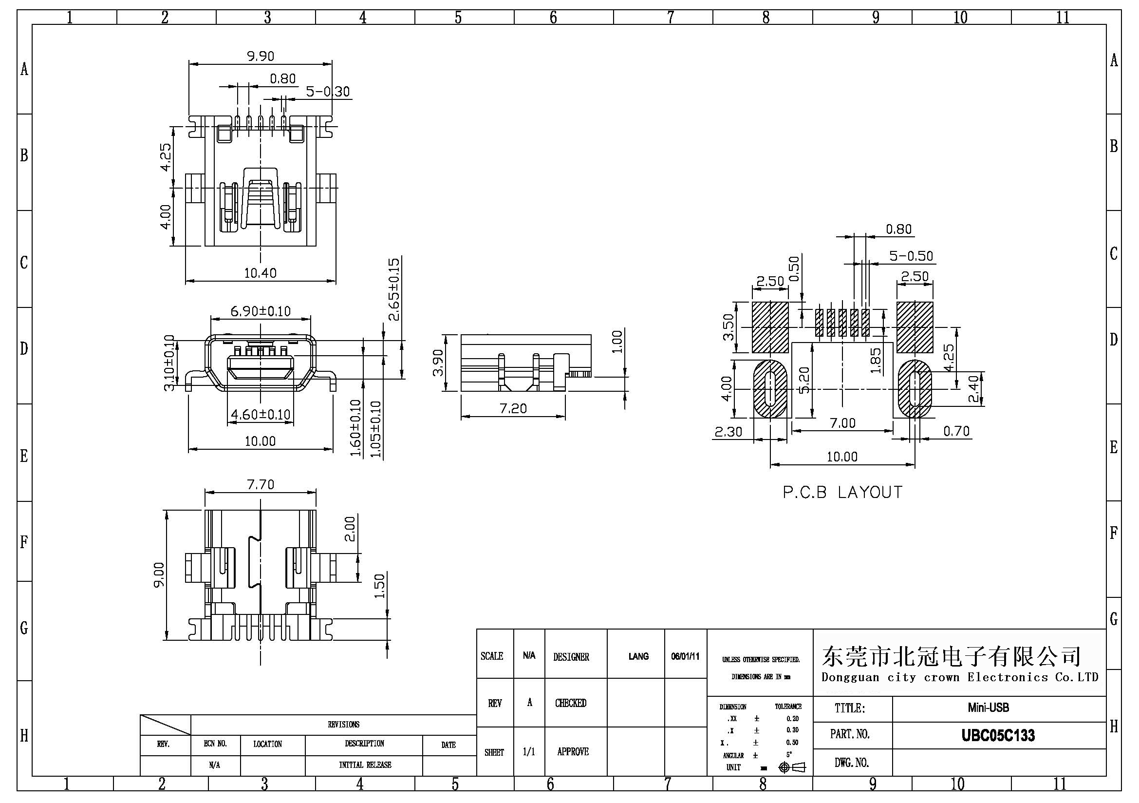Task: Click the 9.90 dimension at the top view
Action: tap(261, 56)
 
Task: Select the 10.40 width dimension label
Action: tap(261, 273)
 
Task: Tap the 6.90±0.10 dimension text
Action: tap(261, 311)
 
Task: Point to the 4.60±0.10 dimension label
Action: tap(261, 414)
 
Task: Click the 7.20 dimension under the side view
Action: tap(513, 408)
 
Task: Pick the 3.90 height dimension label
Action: tap(438, 363)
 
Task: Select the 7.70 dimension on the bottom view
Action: tap(261, 484)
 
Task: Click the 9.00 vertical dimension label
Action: tap(159, 574)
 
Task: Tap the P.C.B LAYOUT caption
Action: tap(842, 492)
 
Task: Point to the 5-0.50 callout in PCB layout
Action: tap(911, 256)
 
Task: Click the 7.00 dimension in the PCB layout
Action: tap(843, 423)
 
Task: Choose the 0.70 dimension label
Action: tap(956, 431)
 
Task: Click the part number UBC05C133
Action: tap(998, 735)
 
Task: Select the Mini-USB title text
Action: tap(988, 707)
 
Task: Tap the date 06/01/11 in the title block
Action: tap(685, 656)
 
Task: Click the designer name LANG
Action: tap(638, 656)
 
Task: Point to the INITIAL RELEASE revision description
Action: tap(365, 765)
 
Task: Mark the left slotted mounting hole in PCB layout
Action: tap(770, 389)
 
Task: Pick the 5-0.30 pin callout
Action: tap(327, 92)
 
